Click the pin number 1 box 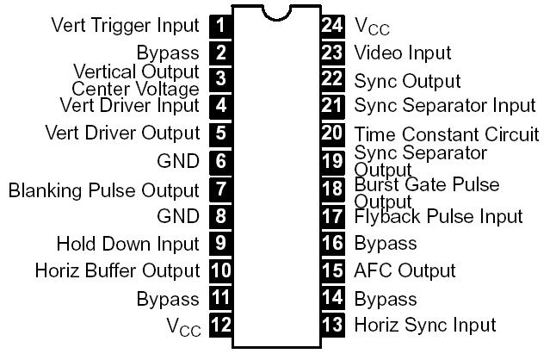221,25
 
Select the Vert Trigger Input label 125,25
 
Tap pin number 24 332,25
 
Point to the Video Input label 403,53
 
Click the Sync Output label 407,80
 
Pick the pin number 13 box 332,325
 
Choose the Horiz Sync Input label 425,325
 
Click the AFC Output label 405,270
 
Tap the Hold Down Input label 127,244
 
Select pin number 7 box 221,189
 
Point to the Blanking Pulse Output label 103,189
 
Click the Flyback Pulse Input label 438,216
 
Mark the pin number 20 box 332,133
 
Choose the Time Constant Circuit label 447,134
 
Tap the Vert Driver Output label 122,133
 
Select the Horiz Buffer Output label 117,270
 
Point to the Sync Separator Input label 444,106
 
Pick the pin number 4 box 221,106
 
